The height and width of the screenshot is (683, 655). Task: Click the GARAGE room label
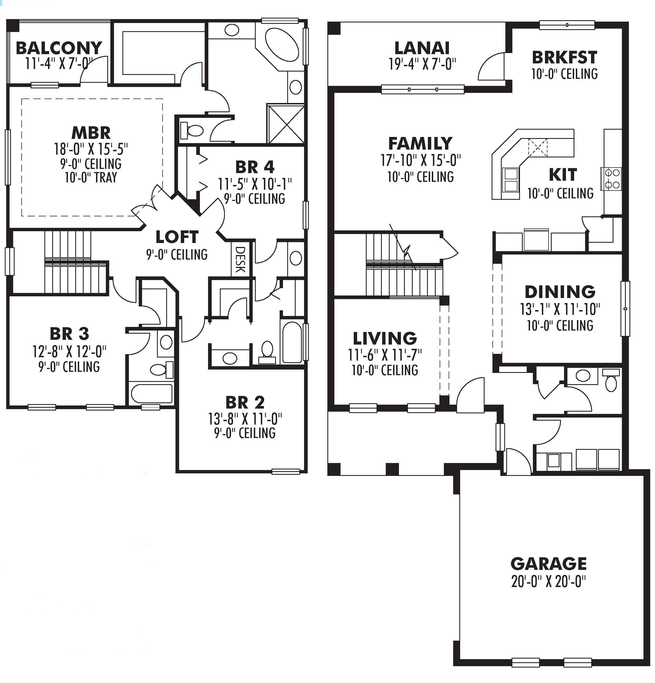tap(548, 563)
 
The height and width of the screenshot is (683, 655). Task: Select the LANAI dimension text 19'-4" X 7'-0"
tap(422, 65)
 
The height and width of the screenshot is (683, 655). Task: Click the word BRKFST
tap(564, 58)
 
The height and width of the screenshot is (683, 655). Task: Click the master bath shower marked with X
tap(286, 124)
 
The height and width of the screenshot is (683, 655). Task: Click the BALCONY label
tap(59, 48)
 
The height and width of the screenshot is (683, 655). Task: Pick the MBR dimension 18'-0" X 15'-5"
tap(91, 149)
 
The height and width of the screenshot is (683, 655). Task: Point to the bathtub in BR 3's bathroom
tap(152, 393)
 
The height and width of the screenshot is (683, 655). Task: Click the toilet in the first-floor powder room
tap(611, 381)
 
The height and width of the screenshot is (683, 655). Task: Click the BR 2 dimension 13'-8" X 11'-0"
tap(245, 419)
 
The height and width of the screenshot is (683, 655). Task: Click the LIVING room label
tap(385, 338)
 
